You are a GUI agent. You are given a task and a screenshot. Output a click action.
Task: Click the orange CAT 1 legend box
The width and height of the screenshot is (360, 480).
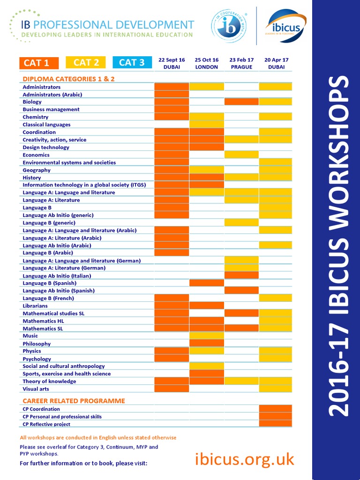click(39, 63)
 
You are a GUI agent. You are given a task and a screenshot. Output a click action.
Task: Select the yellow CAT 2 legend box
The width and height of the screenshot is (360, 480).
click(86, 62)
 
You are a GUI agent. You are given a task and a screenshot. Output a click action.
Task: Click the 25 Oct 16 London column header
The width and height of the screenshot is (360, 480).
click(207, 63)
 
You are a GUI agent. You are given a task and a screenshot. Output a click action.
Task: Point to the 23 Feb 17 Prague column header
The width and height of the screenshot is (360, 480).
click(241, 63)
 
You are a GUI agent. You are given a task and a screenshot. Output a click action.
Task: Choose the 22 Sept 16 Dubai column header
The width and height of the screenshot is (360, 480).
click(172, 63)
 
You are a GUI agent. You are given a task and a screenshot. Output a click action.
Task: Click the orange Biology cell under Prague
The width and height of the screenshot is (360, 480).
click(241, 102)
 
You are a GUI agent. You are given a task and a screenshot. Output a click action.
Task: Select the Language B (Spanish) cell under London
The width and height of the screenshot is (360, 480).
click(207, 283)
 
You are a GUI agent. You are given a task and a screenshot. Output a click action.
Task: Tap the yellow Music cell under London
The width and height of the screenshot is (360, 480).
click(207, 336)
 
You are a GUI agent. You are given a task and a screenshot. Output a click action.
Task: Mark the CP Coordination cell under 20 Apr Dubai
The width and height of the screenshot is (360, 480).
click(276, 409)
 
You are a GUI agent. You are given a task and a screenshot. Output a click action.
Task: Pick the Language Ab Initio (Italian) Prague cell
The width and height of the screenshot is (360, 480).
click(241, 276)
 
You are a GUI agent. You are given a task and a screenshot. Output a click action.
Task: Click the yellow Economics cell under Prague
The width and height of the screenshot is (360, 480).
click(241, 155)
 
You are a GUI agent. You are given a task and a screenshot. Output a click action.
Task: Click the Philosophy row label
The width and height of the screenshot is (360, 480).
click(37, 344)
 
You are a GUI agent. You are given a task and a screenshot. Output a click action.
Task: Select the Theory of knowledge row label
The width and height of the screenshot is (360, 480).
click(49, 381)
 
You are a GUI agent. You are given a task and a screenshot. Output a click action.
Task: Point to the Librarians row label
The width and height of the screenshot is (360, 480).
click(35, 306)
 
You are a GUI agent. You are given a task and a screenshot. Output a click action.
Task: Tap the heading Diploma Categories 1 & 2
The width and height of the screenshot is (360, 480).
click(68, 79)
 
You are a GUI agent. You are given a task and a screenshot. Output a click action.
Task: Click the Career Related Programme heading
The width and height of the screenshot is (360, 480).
click(74, 401)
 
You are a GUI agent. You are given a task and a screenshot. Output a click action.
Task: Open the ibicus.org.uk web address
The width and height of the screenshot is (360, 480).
click(244, 459)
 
